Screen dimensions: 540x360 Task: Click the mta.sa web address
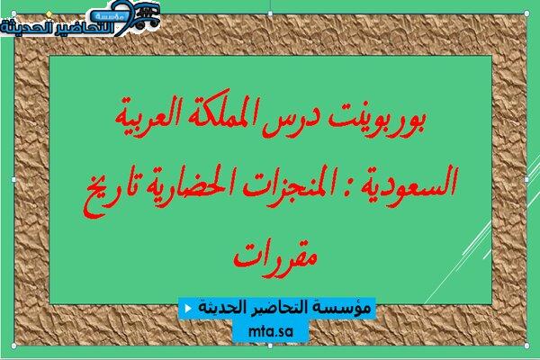coord(270,331)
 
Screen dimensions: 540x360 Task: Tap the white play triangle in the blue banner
coord(188,308)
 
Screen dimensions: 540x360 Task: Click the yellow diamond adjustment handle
coord(49,13)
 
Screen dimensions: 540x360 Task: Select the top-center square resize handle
coord(270,13)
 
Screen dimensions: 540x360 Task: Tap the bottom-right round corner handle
coord(526,346)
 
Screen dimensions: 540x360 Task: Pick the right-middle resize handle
coord(526,179)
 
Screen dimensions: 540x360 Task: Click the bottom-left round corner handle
coord(13,346)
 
